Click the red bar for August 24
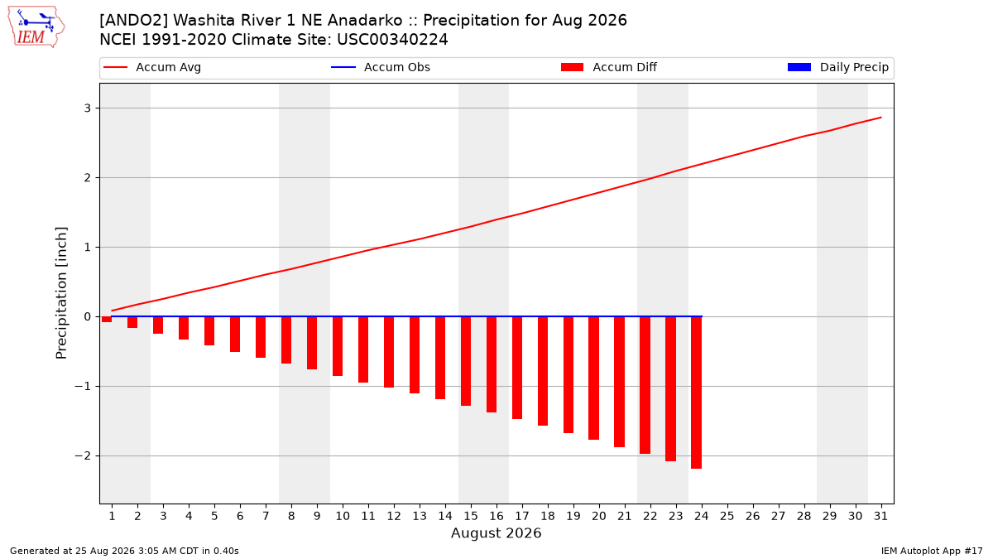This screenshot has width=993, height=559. [697, 393]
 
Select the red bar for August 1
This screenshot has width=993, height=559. [107, 320]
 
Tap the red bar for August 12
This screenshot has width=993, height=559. [389, 352]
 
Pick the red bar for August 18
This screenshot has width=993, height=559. [543, 371]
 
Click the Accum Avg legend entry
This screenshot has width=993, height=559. [152, 67]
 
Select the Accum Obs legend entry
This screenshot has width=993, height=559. [381, 67]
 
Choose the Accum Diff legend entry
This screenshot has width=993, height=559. [609, 67]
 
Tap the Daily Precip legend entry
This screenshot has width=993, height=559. [837, 67]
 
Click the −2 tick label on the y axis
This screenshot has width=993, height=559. [83, 456]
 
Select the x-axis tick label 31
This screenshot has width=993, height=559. [880, 516]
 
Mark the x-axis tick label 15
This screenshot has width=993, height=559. [470, 516]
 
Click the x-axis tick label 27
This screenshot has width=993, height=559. [778, 516]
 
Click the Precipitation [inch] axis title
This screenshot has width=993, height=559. [61, 293]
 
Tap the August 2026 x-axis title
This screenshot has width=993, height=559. [496, 532]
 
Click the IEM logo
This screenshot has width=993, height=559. [36, 27]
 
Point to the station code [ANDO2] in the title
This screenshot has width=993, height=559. [133, 21]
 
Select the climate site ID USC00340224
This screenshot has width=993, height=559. [392, 40]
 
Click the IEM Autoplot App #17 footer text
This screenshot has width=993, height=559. [932, 551]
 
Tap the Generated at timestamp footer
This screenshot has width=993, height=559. [124, 551]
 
